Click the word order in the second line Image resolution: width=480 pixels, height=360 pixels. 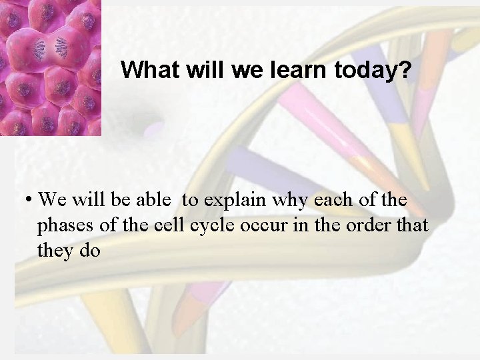pos(364,225)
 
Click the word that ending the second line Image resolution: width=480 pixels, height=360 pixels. pos(411,225)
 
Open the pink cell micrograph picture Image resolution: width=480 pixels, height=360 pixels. pos(50,67)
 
